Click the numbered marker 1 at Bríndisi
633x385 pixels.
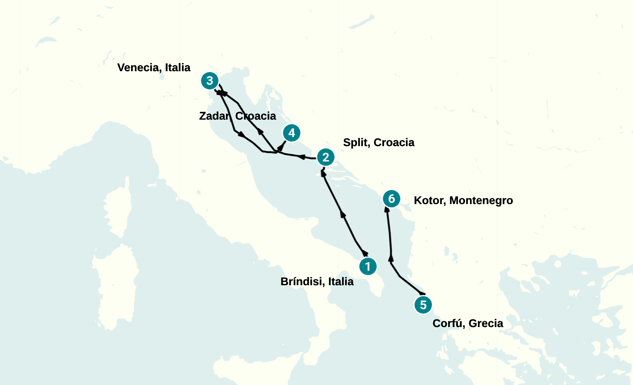pos(368,266)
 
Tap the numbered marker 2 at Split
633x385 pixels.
pos(326,157)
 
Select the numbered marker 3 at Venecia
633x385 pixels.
pos(210,81)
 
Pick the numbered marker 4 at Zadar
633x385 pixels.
pos(292,133)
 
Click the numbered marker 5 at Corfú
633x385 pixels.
pos(423,305)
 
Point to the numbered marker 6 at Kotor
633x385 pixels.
pos(391,199)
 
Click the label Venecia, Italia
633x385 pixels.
pos(154,67)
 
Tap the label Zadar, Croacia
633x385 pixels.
pos(237,116)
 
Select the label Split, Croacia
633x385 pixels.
pos(379,142)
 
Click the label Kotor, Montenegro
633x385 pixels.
pos(463,200)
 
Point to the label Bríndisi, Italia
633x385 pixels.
pos(317,282)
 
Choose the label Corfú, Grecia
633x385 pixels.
pos(468,323)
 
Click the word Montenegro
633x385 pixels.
pos(481,200)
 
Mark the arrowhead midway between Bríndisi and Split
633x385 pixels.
pos(343,214)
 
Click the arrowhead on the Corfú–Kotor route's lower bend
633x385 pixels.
pos(391,259)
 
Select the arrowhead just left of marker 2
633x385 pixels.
pos(302,157)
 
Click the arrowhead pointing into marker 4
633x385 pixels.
pos(283,145)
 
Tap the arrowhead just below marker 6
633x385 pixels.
pos(387,209)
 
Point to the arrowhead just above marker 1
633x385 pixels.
pos(364,253)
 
